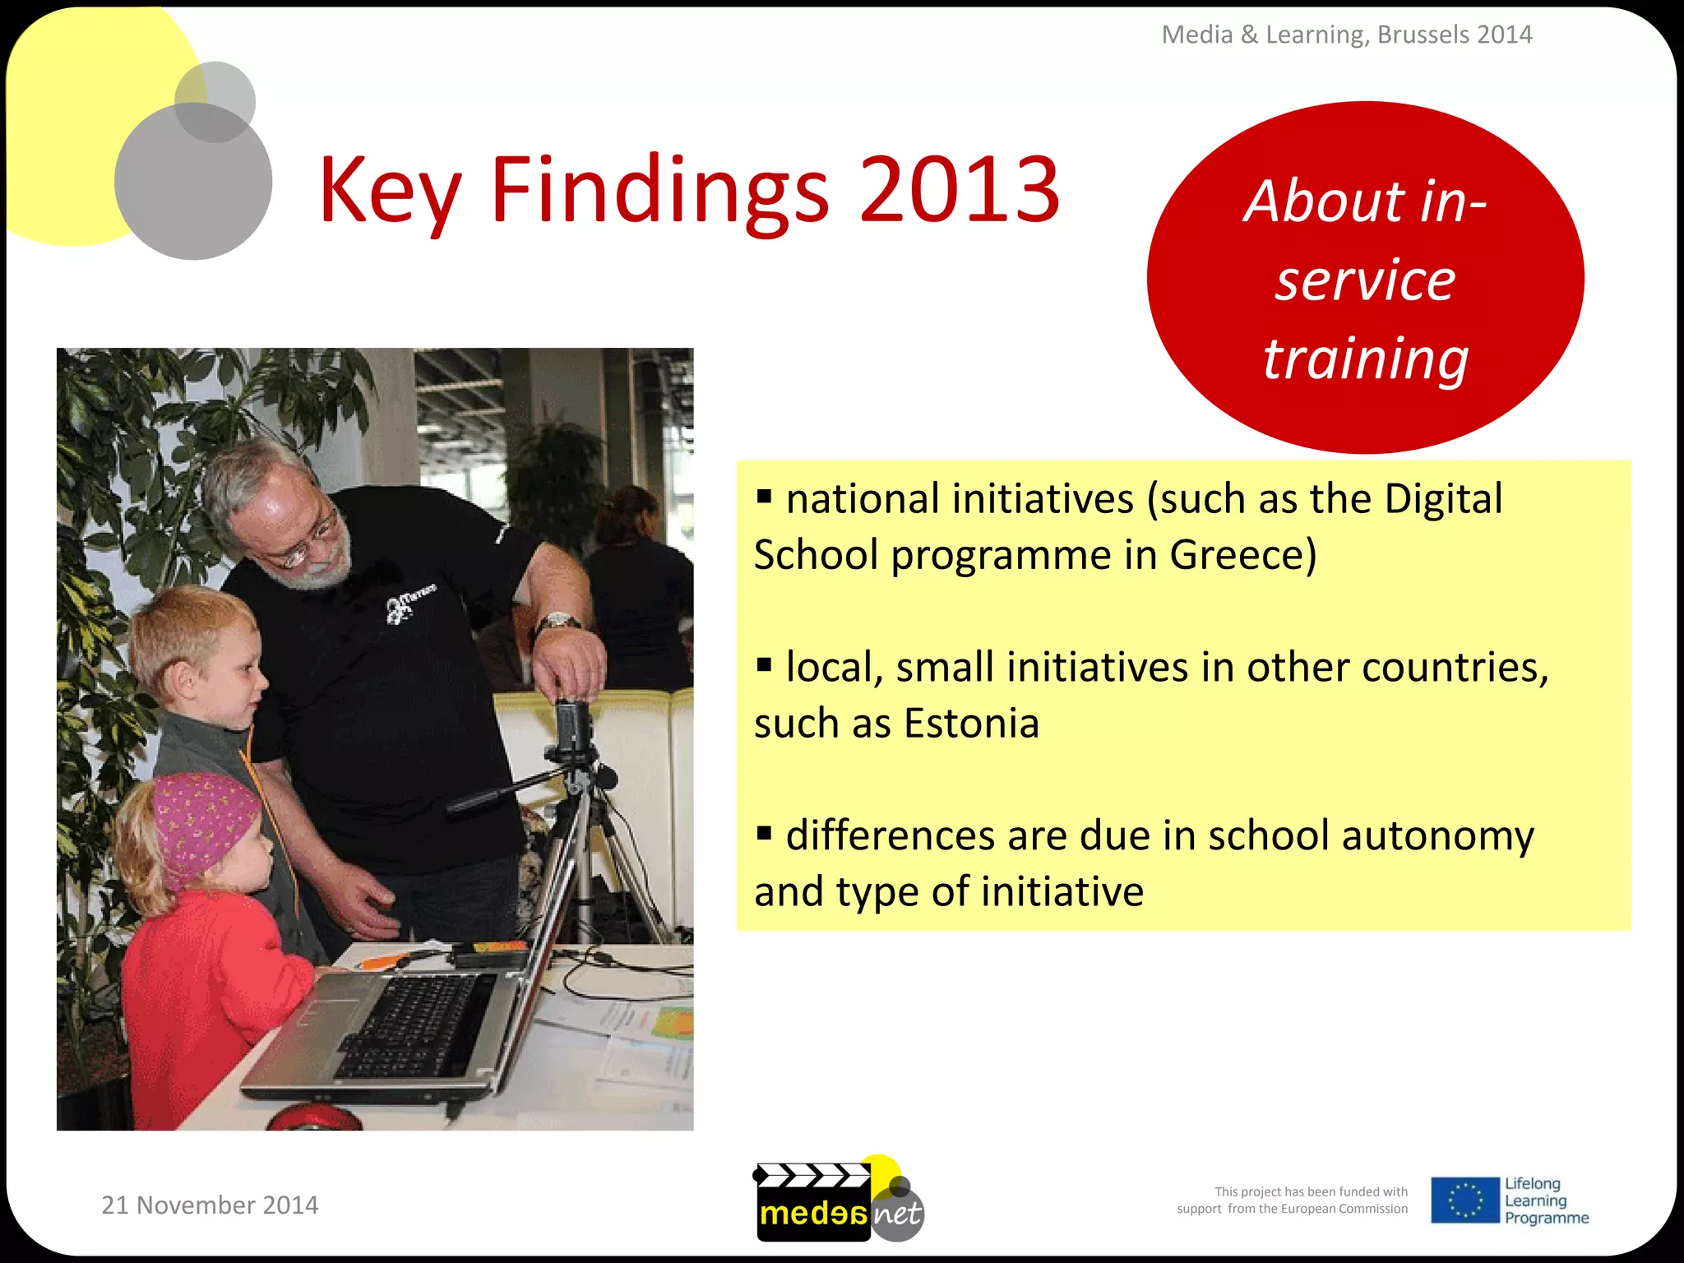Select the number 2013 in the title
(960, 191)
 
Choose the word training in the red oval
(1366, 359)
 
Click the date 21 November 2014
(210, 1205)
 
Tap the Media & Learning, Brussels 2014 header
(1347, 35)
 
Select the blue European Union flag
(1464, 1201)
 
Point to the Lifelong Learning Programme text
(1546, 1201)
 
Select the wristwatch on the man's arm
(557, 622)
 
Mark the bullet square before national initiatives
(764, 496)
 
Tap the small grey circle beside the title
(215, 101)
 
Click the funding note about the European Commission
(1292, 1201)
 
